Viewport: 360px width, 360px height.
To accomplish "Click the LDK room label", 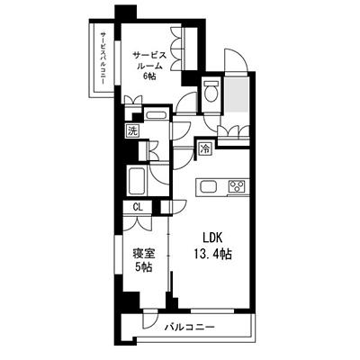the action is click(212, 238).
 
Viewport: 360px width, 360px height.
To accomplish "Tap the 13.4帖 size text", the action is click(212, 255).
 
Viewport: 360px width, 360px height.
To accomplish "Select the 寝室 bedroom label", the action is click(144, 255).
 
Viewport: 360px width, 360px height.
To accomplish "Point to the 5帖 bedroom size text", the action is click(143, 267).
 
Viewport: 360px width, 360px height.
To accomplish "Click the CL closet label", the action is click(138, 207).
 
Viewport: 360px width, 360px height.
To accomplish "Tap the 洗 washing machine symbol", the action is click(132, 130).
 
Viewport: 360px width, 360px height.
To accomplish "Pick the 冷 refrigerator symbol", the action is click(205, 148).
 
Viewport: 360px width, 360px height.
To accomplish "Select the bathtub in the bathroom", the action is click(137, 180).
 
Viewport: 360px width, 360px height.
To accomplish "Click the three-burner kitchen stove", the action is click(237, 186).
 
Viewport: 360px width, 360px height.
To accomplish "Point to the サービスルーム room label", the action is click(149, 60).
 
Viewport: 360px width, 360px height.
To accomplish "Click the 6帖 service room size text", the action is click(149, 76).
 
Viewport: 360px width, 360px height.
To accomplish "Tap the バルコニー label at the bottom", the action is click(190, 327).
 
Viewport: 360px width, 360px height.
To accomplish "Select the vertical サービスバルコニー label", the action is click(103, 58).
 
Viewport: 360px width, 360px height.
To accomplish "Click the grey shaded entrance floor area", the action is click(237, 93).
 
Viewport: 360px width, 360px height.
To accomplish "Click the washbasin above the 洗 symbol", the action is click(156, 115).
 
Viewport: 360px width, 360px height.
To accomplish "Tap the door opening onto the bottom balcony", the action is click(150, 319).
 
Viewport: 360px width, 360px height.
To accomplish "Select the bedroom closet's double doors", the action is click(138, 222).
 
